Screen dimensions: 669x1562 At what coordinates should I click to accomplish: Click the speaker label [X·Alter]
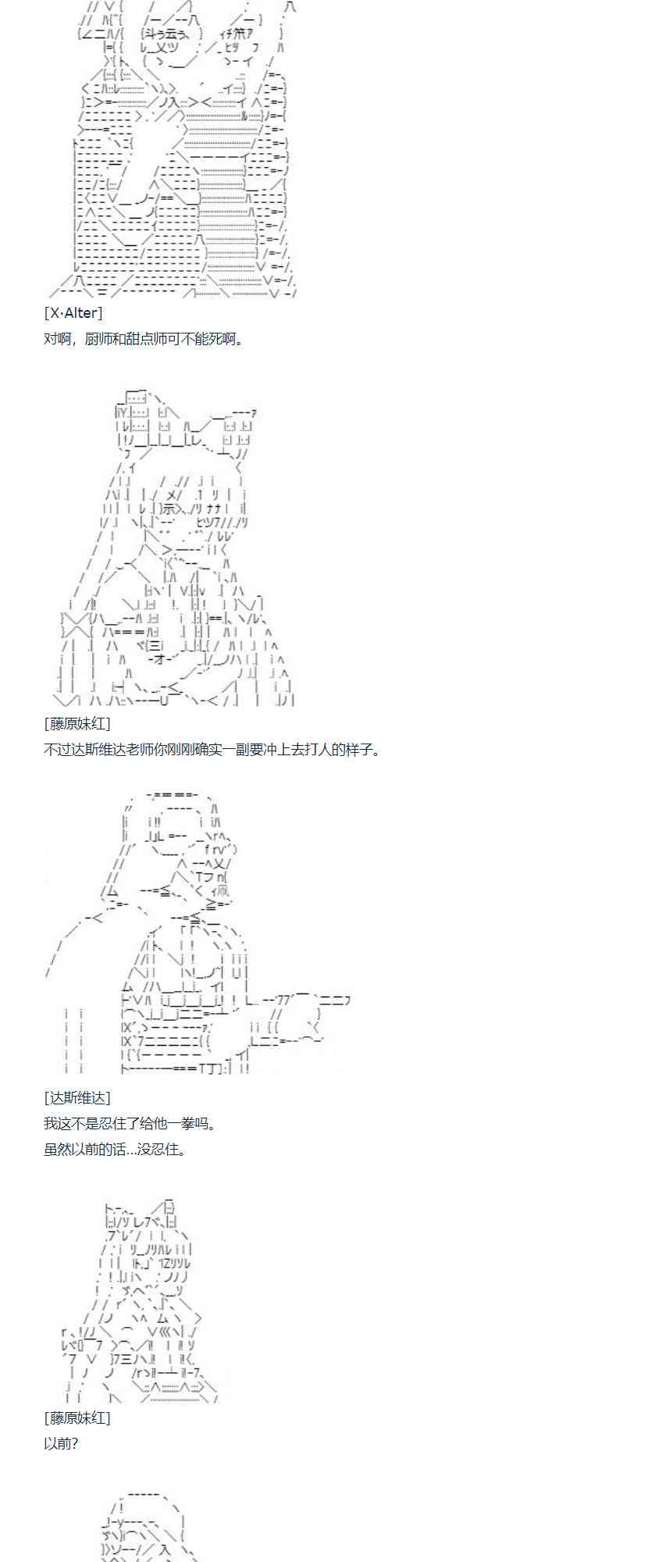tap(73, 313)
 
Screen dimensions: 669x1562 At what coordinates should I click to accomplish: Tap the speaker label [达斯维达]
tap(77, 1097)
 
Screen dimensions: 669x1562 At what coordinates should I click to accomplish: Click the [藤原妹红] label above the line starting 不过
tap(77, 723)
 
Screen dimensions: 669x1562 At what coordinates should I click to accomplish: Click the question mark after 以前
tap(74, 1443)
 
